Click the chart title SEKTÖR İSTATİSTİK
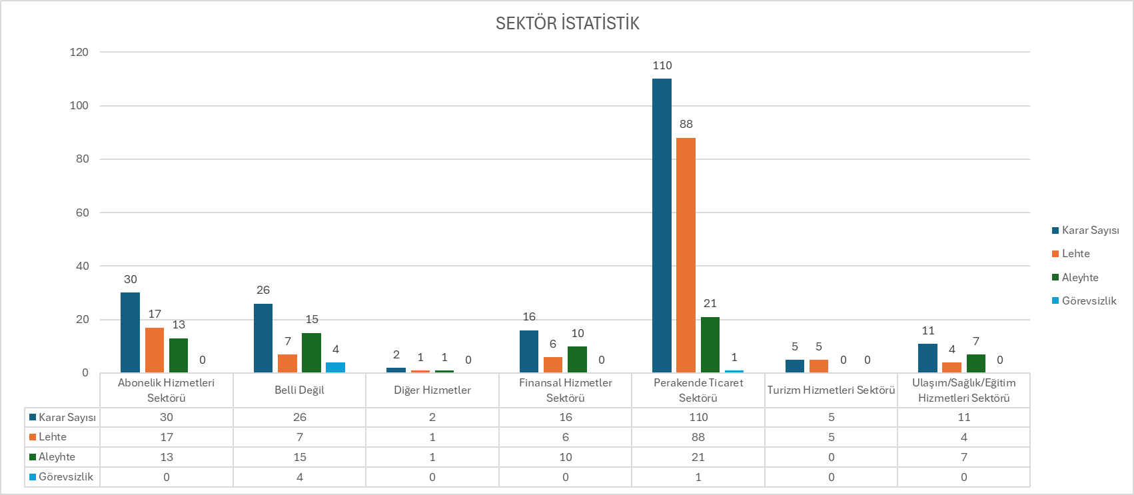coord(567,23)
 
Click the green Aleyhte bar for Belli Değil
coord(311,352)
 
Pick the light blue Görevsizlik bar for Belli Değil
coord(335,367)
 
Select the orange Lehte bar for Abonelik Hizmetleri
coord(155,350)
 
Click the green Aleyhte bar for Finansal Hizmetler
coord(577,359)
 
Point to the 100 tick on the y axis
coord(79,105)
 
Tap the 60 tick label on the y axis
coord(82,213)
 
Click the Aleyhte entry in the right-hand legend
coord(1079,277)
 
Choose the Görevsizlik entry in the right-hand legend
coord(1089,300)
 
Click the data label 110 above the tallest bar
coord(662,65)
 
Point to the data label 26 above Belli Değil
coord(263,290)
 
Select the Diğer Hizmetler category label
coord(432,390)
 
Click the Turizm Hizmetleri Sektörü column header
coord(831,390)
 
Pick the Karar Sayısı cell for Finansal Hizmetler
coord(566,417)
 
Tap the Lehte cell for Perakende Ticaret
coord(698,437)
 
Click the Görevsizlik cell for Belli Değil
coord(300,477)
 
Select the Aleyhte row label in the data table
coord(57,457)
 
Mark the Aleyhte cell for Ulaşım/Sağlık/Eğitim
coord(964,457)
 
